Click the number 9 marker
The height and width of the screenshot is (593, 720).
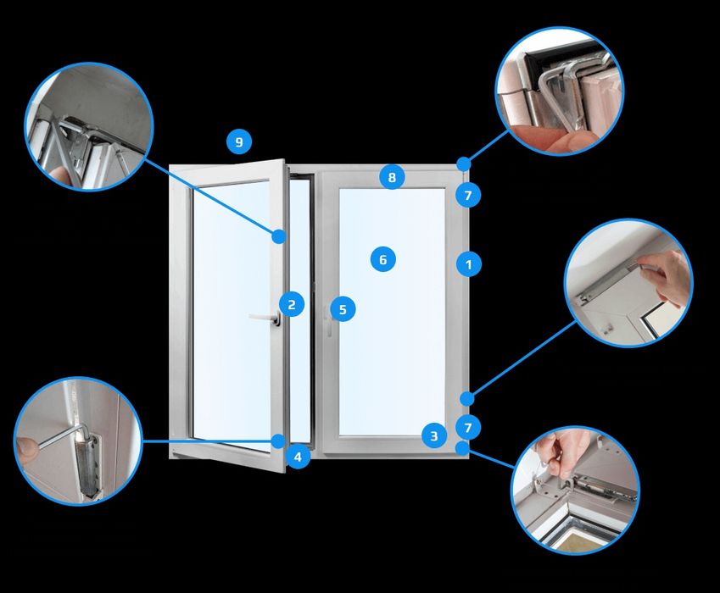pyautogui.click(x=239, y=141)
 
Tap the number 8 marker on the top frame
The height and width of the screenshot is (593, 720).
pyautogui.click(x=392, y=177)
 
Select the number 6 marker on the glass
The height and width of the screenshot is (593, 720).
pyautogui.click(x=383, y=259)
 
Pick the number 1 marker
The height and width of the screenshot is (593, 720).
pyautogui.click(x=468, y=264)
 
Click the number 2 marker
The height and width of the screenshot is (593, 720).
pyautogui.click(x=292, y=304)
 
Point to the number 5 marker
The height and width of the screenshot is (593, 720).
pyautogui.click(x=343, y=309)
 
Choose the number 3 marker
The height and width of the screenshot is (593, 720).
pyautogui.click(x=434, y=435)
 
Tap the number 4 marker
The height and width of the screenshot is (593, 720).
pyautogui.click(x=298, y=457)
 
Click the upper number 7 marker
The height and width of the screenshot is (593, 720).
pyautogui.click(x=468, y=196)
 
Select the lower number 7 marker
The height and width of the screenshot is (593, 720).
pyautogui.click(x=468, y=428)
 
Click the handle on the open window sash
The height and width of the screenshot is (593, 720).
pyautogui.click(x=265, y=318)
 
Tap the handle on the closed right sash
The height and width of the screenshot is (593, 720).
pyautogui.click(x=328, y=321)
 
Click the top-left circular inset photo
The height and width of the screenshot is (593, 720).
pyautogui.click(x=89, y=126)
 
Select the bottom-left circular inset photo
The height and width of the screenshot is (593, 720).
pyautogui.click(x=79, y=441)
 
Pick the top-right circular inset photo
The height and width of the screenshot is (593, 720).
pyautogui.click(x=559, y=91)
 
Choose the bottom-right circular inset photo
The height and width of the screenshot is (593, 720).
pyautogui.click(x=575, y=490)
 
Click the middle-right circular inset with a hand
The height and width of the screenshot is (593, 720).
pyautogui.click(x=628, y=282)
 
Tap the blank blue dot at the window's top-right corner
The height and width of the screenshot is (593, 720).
pyautogui.click(x=464, y=163)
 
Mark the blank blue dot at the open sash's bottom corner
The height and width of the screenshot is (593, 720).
pyautogui.click(x=278, y=441)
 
